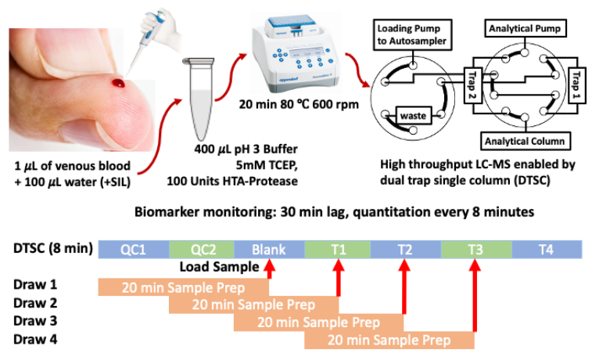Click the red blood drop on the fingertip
pos(119,81)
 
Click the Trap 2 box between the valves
pos(472,80)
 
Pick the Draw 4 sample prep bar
pos(389,340)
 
